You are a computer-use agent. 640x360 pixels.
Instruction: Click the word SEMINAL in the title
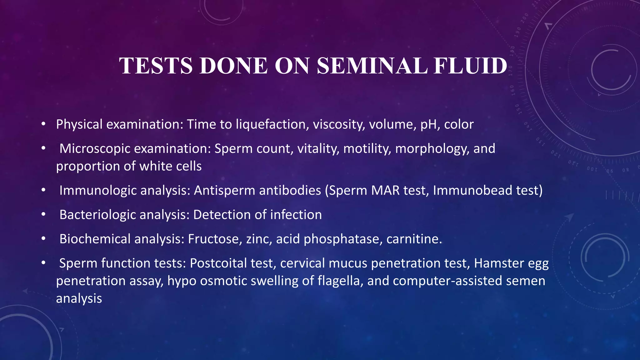(372, 66)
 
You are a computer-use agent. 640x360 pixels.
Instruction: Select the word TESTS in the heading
(156, 66)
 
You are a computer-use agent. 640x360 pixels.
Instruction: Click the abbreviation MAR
(385, 190)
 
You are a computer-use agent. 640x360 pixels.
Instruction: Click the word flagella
(340, 281)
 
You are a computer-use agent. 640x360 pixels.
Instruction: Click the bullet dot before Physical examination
(43, 125)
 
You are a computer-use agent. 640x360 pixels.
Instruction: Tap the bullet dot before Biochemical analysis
(43, 239)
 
